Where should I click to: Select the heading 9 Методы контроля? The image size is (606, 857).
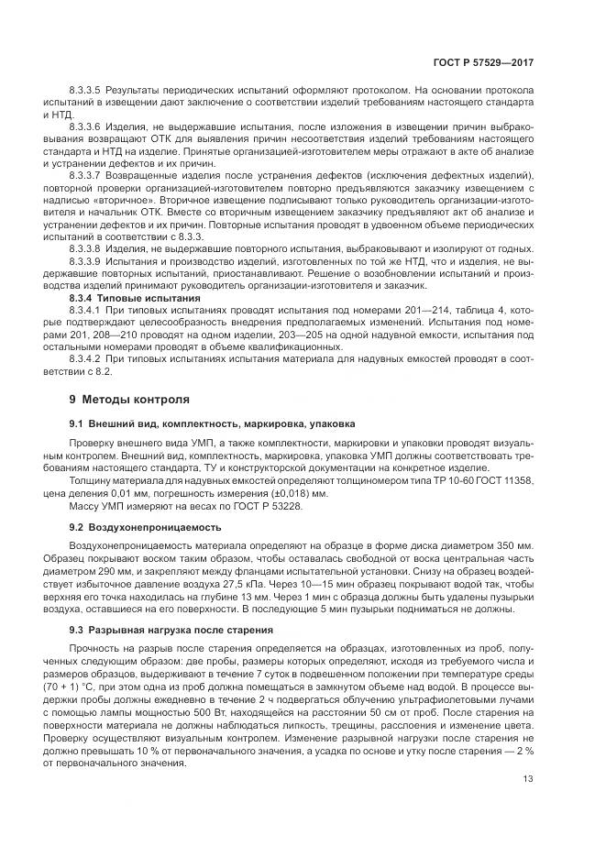tap(129, 400)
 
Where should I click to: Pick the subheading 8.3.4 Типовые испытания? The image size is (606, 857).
tap(123, 298)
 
